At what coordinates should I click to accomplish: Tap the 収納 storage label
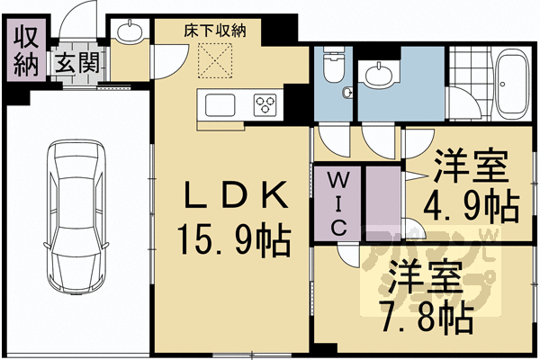(x=24, y=51)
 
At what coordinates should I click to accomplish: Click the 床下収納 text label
(x=215, y=31)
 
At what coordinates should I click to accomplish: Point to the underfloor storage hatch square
(x=217, y=60)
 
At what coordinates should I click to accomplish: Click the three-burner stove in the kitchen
(x=267, y=104)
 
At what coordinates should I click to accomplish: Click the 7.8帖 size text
(x=427, y=316)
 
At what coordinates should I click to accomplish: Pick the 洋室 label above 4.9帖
(x=471, y=166)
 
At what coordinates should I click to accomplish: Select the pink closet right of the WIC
(x=382, y=202)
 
